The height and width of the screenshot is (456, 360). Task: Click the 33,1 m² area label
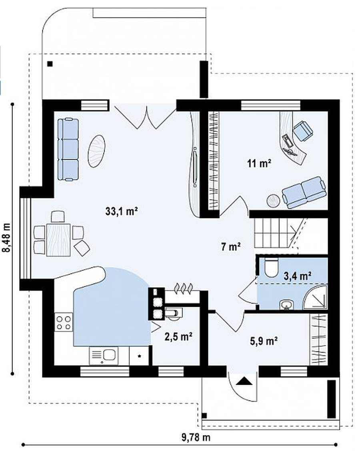[121, 211]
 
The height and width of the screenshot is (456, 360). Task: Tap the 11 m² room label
[259, 164]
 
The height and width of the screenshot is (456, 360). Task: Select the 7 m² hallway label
[230, 247]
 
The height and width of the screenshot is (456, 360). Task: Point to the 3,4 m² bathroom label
[298, 276]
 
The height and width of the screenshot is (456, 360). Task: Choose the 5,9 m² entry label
[264, 340]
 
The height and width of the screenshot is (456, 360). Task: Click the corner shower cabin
[316, 298]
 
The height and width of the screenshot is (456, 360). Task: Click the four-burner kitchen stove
[64, 322]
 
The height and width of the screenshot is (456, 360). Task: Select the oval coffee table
[96, 151]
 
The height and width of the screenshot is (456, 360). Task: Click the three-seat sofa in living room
[68, 150]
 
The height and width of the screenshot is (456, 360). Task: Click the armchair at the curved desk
[303, 131]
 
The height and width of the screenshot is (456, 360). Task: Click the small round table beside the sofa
[273, 201]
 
